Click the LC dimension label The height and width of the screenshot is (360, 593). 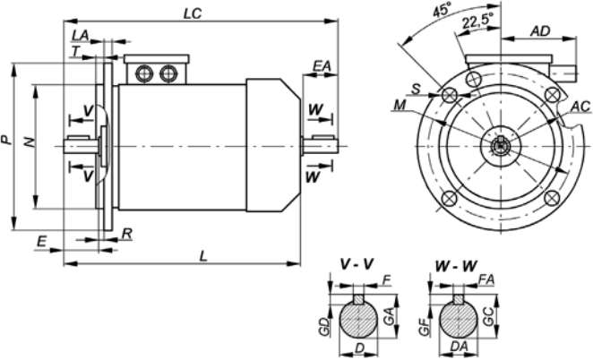pos(193,13)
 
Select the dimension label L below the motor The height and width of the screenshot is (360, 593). pos(204,256)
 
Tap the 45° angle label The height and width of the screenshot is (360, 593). pos(441,10)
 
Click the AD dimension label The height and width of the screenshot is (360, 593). pos(540,31)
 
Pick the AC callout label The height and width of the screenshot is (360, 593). pos(580,107)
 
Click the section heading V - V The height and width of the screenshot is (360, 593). pos(357,264)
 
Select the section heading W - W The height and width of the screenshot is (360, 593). pos(456,265)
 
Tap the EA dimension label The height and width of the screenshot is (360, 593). pos(321,66)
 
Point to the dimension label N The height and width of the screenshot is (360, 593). pos(30,141)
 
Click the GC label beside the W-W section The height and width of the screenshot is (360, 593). pos(488,316)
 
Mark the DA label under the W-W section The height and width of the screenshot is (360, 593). pos(460,346)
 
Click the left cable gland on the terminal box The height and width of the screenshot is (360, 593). pos(143,73)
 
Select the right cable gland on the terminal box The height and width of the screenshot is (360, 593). pos(168,73)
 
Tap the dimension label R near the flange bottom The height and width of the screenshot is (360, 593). pos(126,234)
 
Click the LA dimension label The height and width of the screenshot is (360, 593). pos(81,35)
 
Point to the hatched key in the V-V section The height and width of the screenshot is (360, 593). pos(359,299)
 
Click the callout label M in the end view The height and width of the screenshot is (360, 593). pos(400,105)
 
